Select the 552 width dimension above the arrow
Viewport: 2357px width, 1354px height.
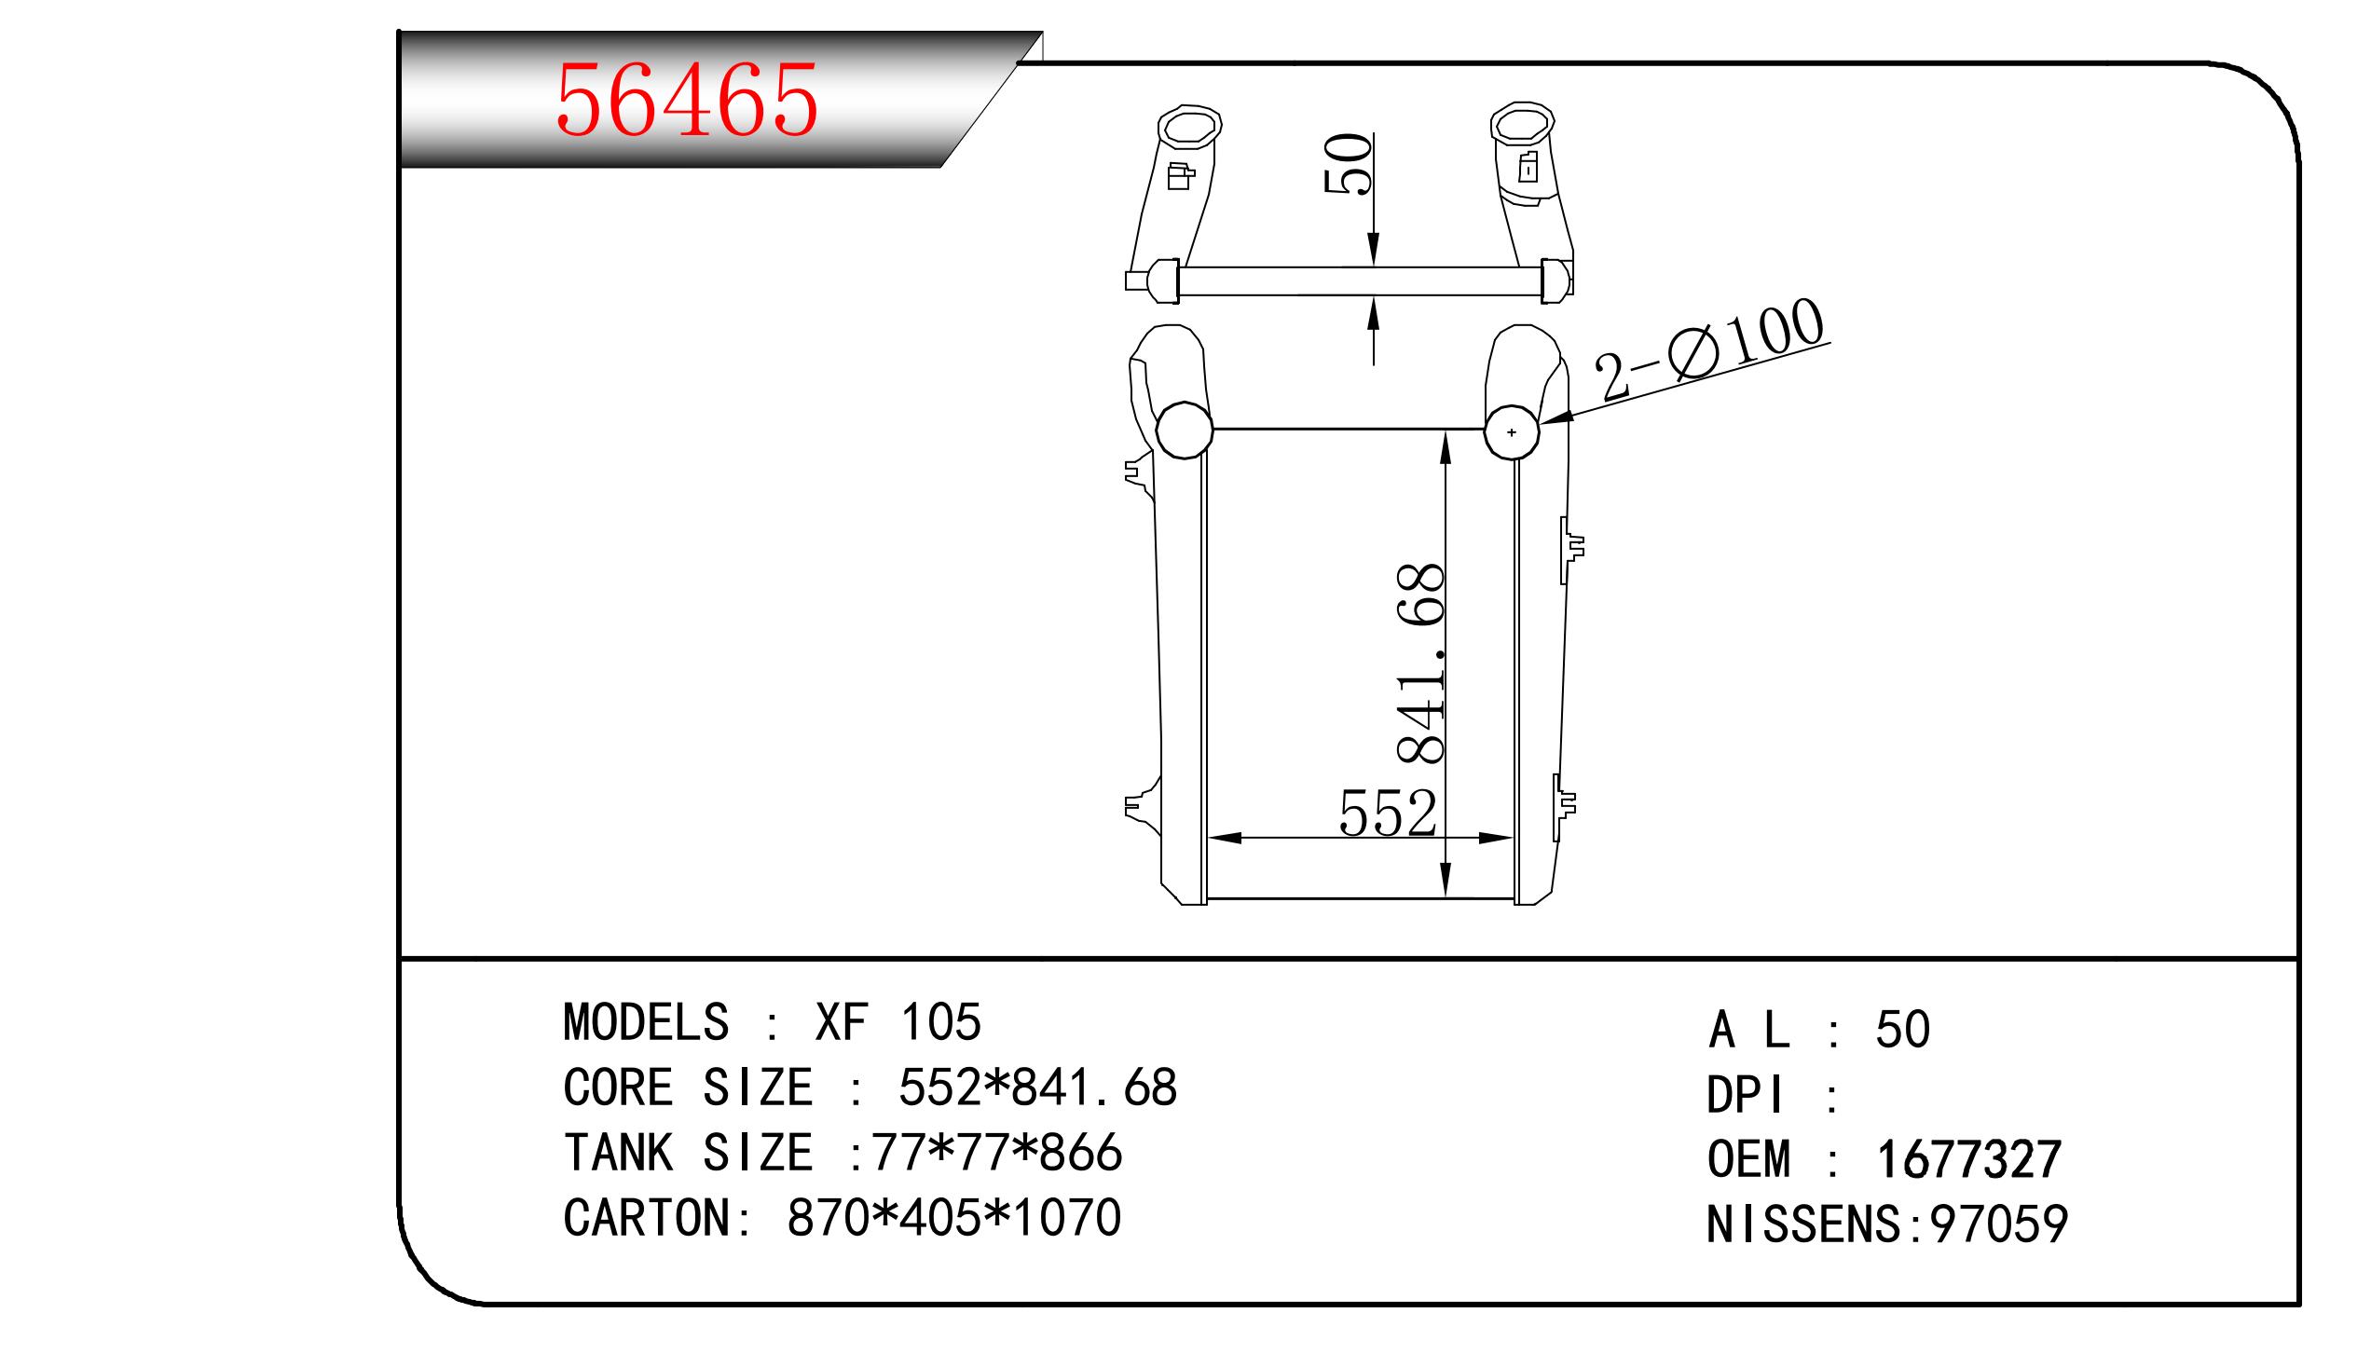tap(1387, 813)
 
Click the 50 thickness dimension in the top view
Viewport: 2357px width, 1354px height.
tap(1349, 164)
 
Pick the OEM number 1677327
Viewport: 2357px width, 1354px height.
tap(1968, 1159)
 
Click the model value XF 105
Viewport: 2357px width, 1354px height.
tap(898, 1022)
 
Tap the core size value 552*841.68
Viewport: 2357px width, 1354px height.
tap(1037, 1087)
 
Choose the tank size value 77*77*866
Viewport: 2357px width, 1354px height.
tap(996, 1153)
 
